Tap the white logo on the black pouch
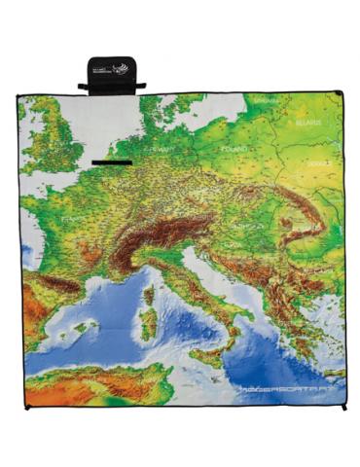coord(119,69)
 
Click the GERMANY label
coord(158,151)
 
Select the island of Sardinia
coord(148,325)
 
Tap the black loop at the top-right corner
coord(340,94)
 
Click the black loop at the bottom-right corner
coord(342,406)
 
